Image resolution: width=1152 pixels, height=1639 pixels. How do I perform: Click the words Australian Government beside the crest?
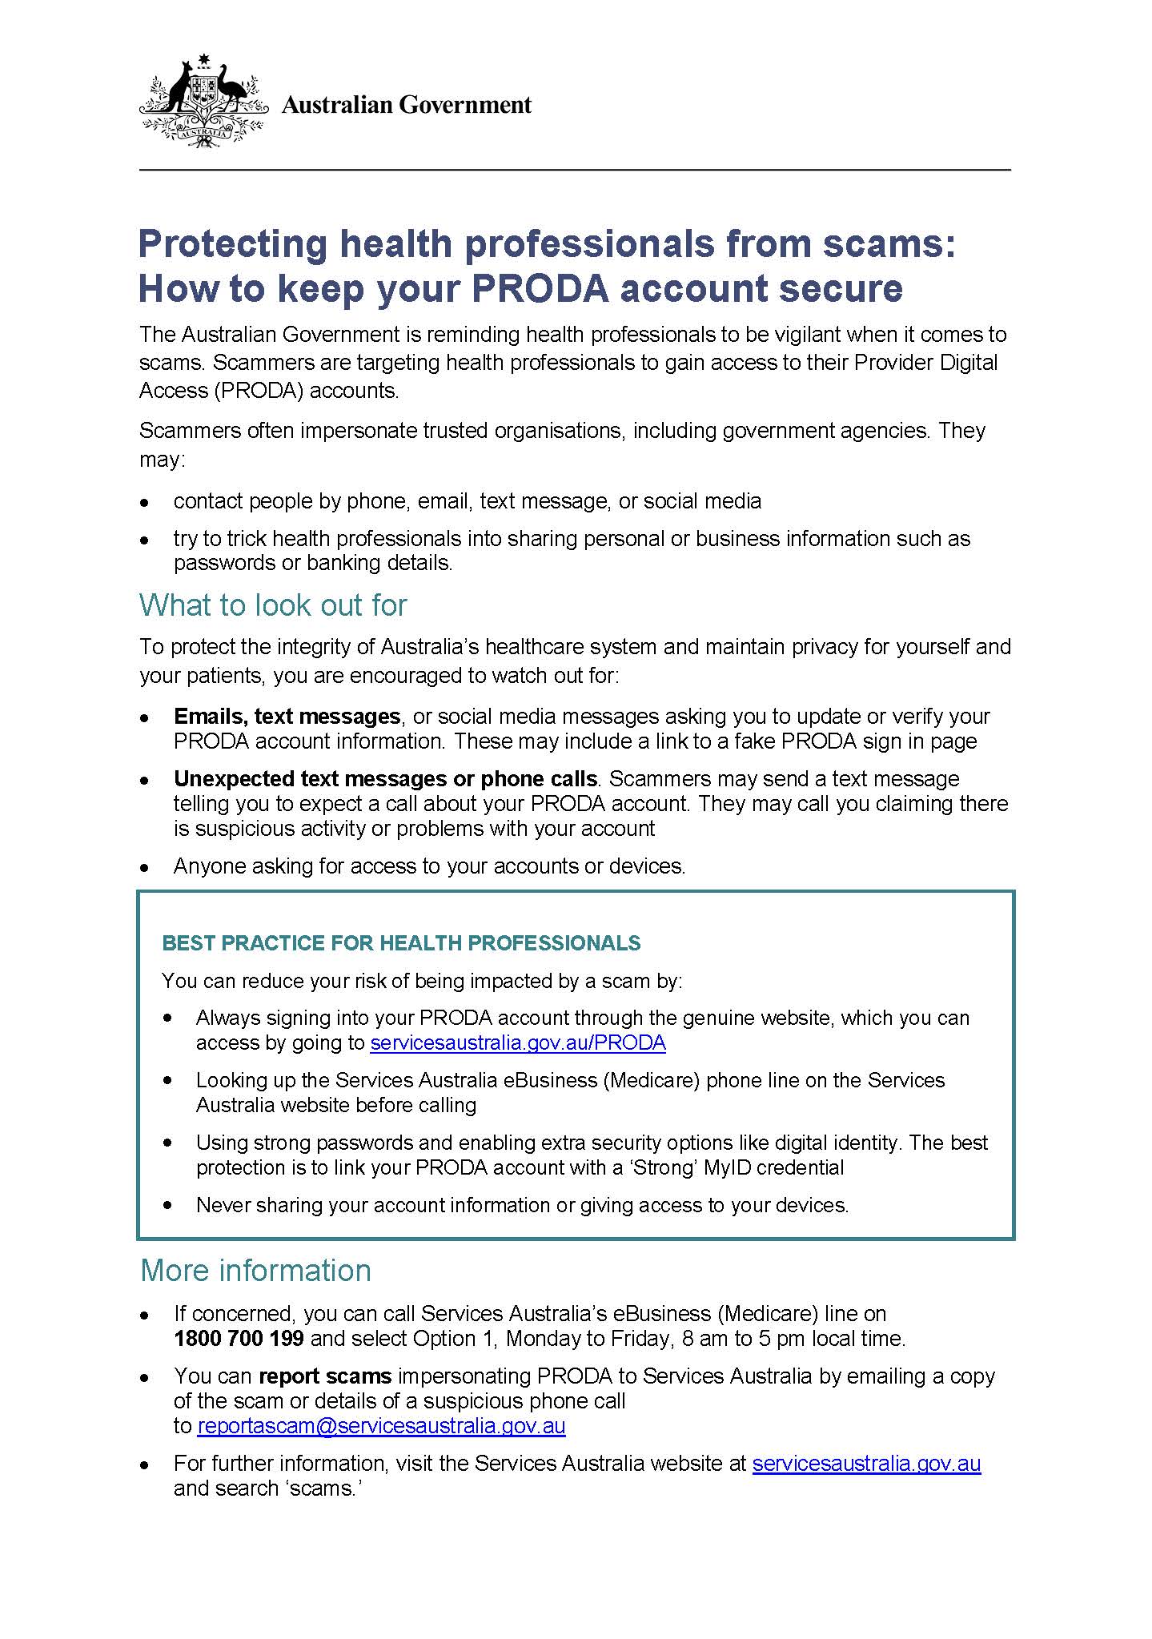(x=406, y=105)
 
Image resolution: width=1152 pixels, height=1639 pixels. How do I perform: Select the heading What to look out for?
(x=273, y=605)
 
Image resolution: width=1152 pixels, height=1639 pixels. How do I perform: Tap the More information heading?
(x=255, y=1271)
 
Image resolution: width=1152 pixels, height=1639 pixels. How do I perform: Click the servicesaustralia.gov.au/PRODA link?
(x=517, y=1042)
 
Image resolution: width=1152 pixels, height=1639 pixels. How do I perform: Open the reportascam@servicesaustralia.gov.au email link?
(x=381, y=1425)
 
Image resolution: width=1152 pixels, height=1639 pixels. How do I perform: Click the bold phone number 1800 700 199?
(x=239, y=1338)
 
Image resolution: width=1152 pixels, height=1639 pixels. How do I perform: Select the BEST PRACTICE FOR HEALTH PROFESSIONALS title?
(x=401, y=943)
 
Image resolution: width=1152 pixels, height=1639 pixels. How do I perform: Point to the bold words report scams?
(x=325, y=1376)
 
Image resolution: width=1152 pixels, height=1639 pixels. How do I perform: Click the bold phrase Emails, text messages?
(x=287, y=716)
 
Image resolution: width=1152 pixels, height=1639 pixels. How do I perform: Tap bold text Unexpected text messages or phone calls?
(x=385, y=778)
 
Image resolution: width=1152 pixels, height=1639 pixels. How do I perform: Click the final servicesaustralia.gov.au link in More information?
(x=866, y=1463)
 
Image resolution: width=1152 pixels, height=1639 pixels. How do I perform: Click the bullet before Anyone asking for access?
(x=145, y=867)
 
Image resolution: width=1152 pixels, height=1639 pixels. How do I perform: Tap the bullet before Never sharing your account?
(x=167, y=1204)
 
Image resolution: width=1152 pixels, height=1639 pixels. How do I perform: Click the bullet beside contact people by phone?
(x=145, y=503)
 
